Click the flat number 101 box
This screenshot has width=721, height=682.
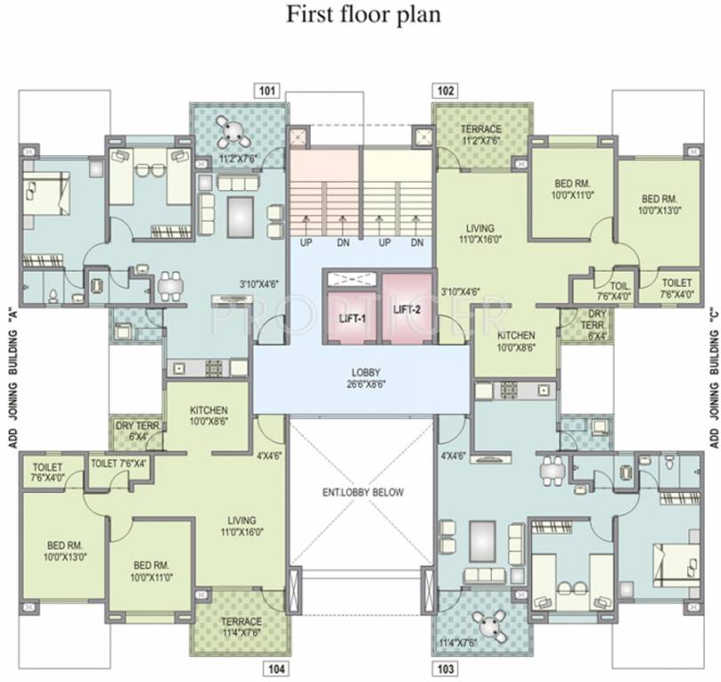267,90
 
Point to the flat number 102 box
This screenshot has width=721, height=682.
446,90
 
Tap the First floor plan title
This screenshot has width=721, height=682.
361,15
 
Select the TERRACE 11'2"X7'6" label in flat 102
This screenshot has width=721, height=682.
481,134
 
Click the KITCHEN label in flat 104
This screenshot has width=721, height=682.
208,416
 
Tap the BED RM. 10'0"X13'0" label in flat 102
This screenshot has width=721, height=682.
659,204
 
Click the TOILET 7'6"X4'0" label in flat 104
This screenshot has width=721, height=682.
47,471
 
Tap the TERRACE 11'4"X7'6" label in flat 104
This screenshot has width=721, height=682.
241,627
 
